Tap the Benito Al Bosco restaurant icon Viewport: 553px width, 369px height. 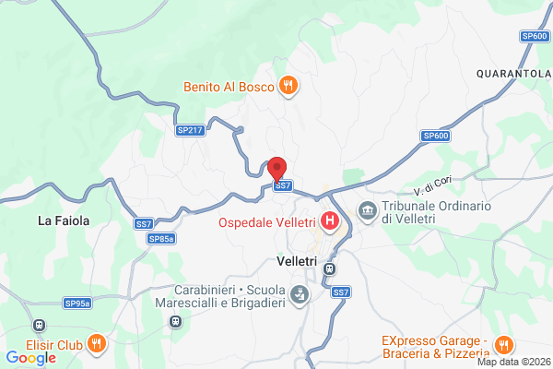(x=288, y=87)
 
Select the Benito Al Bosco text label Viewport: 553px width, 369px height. (x=227, y=87)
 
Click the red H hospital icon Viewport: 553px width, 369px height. (x=330, y=222)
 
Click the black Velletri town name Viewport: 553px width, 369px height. (x=297, y=262)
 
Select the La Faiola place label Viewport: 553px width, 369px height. (x=64, y=220)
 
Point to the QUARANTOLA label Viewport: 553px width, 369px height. (x=513, y=72)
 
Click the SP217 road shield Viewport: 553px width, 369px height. (x=190, y=131)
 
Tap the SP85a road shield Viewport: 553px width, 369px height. (x=160, y=239)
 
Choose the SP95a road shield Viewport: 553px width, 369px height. (x=77, y=303)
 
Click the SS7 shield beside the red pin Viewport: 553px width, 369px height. (x=283, y=185)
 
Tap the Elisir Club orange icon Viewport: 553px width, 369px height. (x=99, y=345)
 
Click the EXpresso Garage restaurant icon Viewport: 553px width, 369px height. (x=502, y=345)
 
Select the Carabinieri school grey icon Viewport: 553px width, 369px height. (x=300, y=295)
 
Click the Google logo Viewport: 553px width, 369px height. (x=30, y=358)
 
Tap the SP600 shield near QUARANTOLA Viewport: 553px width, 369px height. (x=535, y=36)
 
